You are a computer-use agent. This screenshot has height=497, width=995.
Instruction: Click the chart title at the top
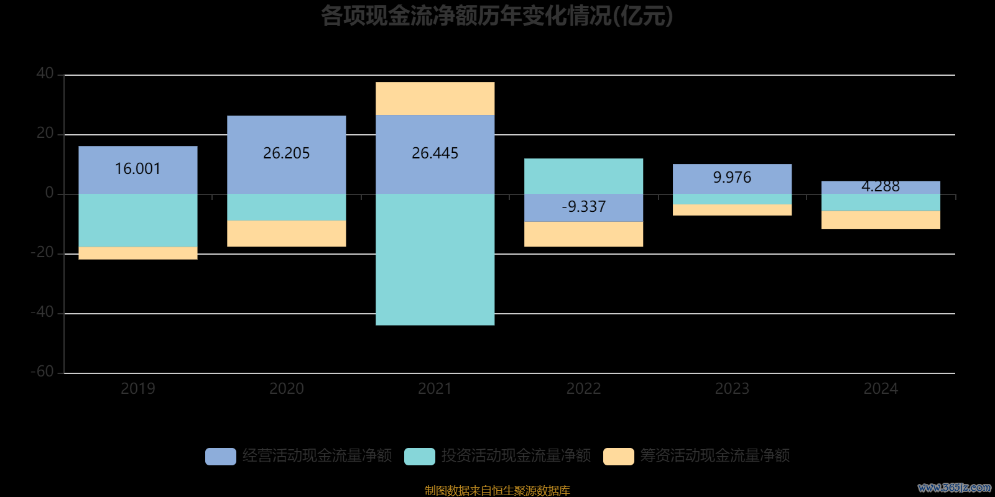click(x=497, y=16)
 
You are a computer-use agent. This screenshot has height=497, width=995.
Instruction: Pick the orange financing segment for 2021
click(x=435, y=98)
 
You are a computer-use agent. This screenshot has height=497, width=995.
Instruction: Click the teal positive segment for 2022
click(x=583, y=176)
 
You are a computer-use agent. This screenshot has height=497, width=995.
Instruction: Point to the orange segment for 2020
click(x=286, y=234)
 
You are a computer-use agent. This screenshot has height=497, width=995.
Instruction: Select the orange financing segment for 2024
click(x=881, y=220)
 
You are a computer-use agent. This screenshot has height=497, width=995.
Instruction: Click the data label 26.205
click(x=286, y=153)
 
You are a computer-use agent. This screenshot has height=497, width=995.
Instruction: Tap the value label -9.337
click(x=583, y=206)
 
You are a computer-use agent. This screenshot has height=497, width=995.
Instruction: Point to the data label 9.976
click(x=732, y=178)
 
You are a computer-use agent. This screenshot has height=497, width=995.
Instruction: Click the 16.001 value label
click(x=137, y=169)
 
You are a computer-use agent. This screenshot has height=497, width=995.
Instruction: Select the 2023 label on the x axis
click(x=732, y=389)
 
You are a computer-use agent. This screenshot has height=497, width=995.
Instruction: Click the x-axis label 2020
click(x=286, y=389)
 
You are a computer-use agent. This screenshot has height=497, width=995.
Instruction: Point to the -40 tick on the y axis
click(x=42, y=312)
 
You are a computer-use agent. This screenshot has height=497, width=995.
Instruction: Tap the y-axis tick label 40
click(x=45, y=74)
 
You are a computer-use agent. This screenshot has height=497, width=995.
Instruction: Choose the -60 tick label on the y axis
click(x=42, y=372)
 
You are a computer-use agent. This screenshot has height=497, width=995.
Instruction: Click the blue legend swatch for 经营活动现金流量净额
click(x=221, y=456)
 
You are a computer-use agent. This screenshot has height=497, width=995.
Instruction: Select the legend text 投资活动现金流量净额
click(x=516, y=456)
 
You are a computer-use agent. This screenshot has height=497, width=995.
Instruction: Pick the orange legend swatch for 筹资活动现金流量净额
click(x=619, y=456)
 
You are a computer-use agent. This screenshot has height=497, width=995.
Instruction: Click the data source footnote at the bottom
click(x=497, y=491)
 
